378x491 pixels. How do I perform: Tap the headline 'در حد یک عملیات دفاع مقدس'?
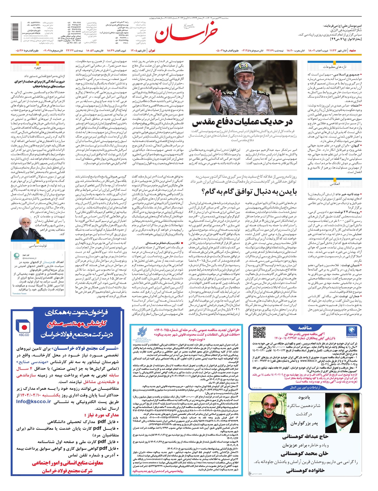tap(242, 122)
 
